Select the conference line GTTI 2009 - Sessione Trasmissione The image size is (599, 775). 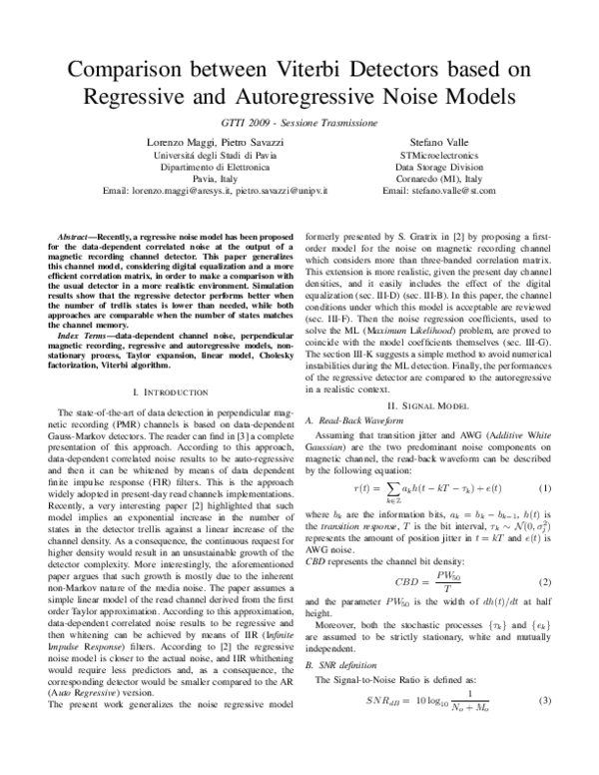(x=299, y=122)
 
